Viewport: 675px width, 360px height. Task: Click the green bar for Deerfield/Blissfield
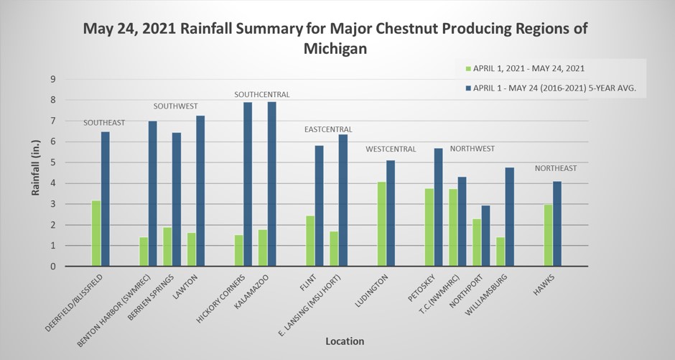point(96,234)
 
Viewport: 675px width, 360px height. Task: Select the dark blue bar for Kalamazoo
point(271,184)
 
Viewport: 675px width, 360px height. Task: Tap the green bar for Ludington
point(381,224)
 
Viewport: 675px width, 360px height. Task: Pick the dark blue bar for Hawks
point(557,223)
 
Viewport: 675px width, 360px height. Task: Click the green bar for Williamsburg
point(501,251)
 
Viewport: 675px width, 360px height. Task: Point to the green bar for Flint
point(310,241)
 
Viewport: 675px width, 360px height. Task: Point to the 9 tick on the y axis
point(52,79)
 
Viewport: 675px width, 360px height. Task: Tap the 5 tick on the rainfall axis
point(52,162)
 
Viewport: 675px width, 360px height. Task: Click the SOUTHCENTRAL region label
point(262,94)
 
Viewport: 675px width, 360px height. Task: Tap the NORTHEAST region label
point(556,168)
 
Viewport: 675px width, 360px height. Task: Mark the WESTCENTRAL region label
point(391,149)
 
